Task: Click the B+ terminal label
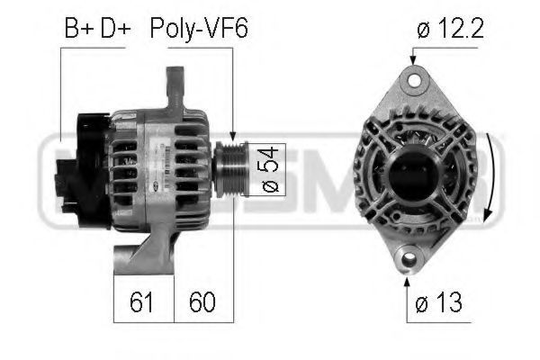(79, 28)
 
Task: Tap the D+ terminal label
(116, 28)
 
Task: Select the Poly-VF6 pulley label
(199, 29)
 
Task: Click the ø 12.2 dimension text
(450, 28)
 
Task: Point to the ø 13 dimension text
(438, 302)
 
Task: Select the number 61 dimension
(141, 301)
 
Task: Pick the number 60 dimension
(202, 301)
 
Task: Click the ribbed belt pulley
(230, 169)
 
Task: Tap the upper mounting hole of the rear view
(414, 80)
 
